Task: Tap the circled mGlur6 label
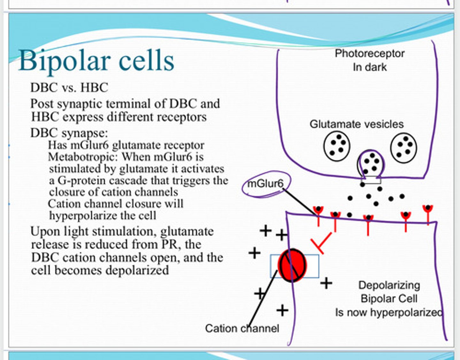pos(266,184)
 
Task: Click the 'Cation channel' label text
pos(242,328)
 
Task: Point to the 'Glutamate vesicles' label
pos(356,124)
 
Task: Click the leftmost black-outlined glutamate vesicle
pos(337,146)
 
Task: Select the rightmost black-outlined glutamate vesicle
pos(403,148)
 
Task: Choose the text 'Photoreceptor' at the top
pos(370,53)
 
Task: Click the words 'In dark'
pos(370,67)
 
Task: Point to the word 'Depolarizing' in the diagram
pos(389,285)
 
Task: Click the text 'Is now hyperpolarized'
pos(388,312)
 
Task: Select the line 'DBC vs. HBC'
pos(69,88)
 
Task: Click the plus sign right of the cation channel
pos(326,283)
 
